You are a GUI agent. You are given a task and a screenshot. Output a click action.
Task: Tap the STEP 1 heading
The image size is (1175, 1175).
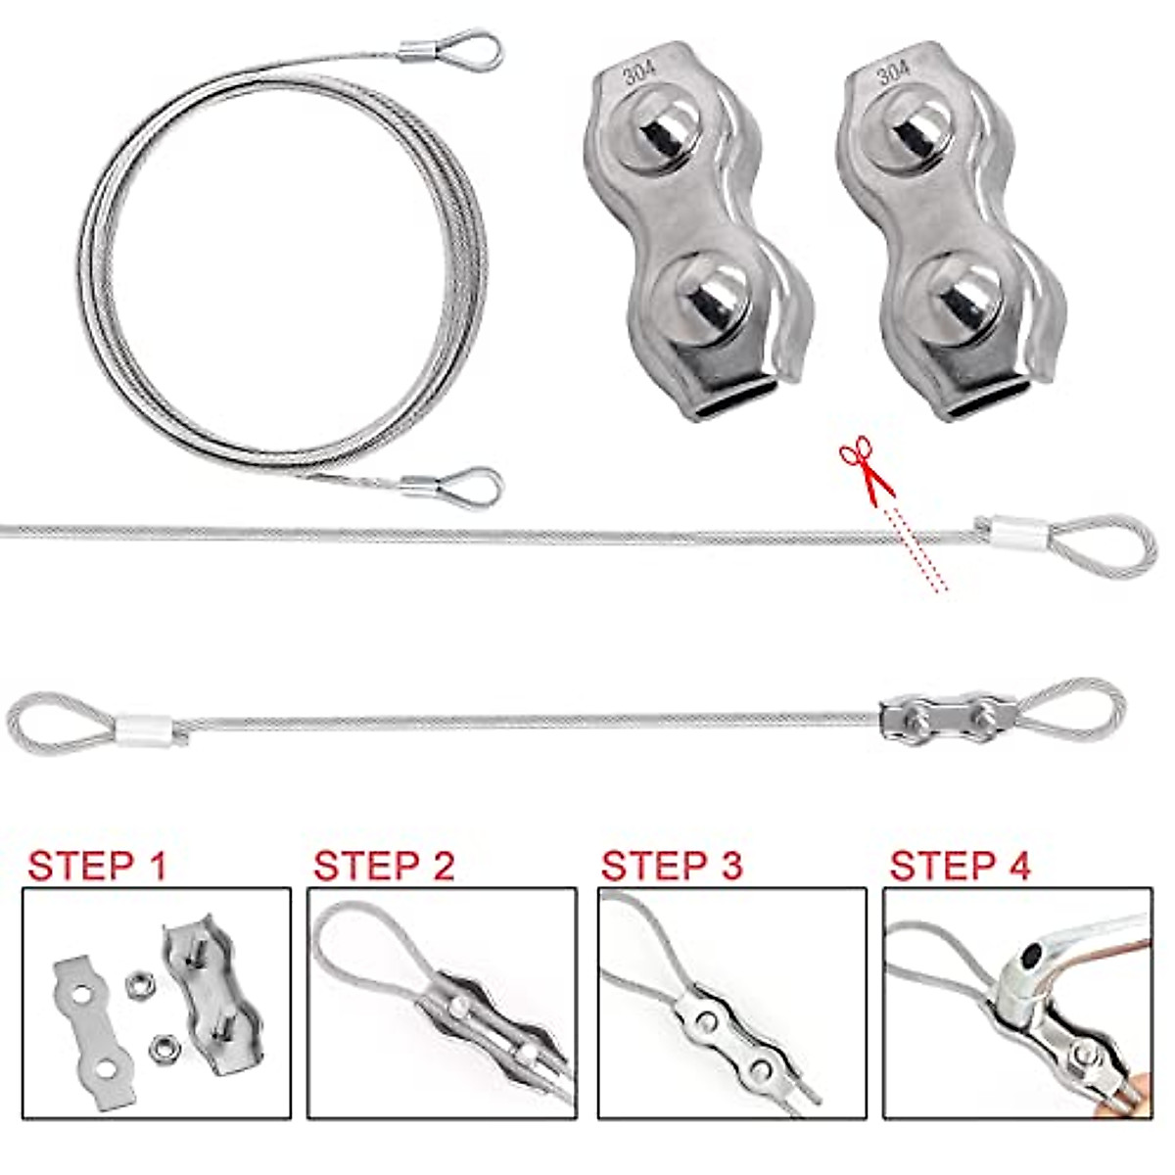click(x=97, y=866)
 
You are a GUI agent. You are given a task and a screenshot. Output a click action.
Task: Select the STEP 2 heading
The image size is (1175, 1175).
click(x=384, y=866)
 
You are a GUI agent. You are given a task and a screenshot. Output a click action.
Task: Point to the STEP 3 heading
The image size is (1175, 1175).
click(x=672, y=866)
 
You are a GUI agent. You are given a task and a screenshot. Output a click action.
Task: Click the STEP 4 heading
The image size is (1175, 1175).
click(x=960, y=866)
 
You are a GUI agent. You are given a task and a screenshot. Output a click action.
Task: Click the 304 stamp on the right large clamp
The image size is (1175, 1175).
click(x=893, y=71)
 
